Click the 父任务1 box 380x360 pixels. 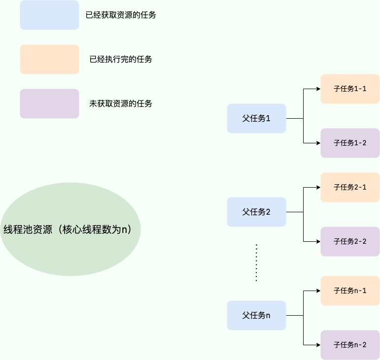click(256, 118)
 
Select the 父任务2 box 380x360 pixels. click(256, 212)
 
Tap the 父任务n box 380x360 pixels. click(256, 315)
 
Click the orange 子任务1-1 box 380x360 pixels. click(350, 89)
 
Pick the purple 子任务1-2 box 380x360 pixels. click(350, 143)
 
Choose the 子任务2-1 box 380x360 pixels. click(350, 187)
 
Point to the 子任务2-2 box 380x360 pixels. click(350, 241)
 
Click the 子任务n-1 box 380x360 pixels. click(350, 291)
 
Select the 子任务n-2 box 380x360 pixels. click(350, 345)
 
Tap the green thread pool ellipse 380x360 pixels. click(70, 229)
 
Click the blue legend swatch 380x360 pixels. click(49, 15)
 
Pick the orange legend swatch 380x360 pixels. click(49, 59)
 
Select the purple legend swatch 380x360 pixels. click(49, 103)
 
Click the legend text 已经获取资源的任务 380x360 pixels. click(121, 15)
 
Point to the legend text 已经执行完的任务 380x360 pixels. click(121, 59)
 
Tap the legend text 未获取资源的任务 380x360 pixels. click(121, 103)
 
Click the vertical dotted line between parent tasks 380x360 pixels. click(256, 262)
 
